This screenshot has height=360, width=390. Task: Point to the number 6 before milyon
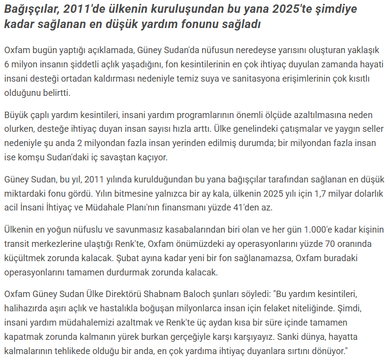(x=6, y=64)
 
